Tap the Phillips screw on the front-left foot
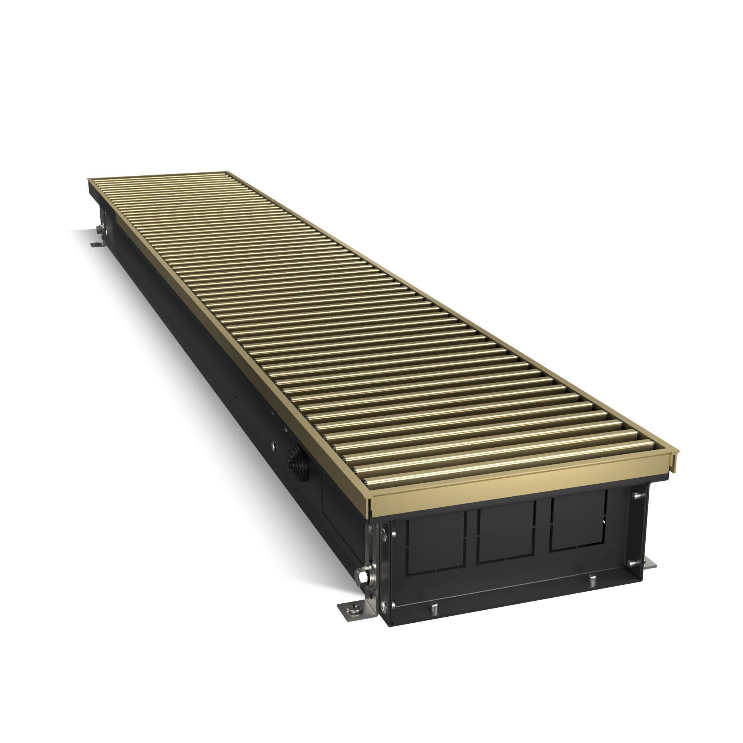coord(353,607)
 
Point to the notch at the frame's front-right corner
coord(674,457)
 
